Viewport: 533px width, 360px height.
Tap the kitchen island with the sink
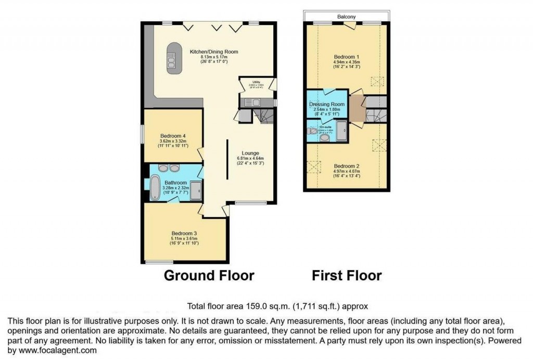171,58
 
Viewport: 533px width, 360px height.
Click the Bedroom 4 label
173,136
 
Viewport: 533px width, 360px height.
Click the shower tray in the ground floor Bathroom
196,190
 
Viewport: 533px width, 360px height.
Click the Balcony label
346,17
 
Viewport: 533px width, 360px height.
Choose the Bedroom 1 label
346,56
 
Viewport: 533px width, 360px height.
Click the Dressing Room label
327,104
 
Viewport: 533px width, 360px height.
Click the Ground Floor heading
209,275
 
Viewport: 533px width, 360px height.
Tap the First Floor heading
347,275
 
